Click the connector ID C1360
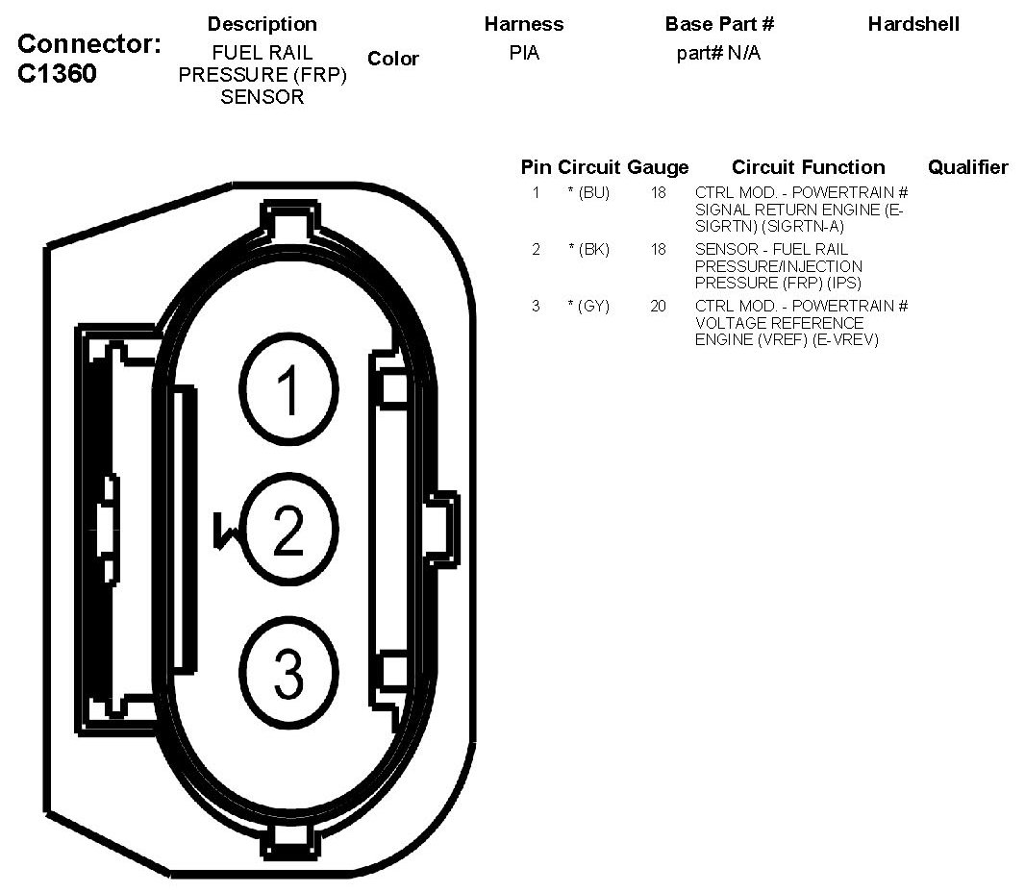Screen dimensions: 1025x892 point(57,73)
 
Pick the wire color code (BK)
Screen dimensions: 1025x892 point(593,250)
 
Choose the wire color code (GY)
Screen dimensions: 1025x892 point(593,306)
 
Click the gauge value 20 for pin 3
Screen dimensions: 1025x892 point(658,306)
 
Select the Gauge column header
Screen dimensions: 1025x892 point(658,167)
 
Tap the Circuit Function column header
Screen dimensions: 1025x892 point(808,167)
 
